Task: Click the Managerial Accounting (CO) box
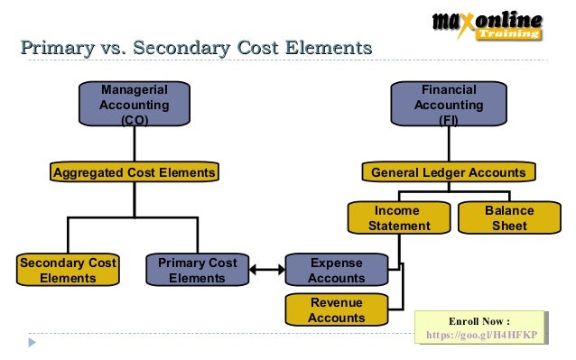pos(135,105)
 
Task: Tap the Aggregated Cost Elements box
pos(135,172)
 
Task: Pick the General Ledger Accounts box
pos(448,172)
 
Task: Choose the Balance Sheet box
pos(509,218)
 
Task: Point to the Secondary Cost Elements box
pos(68,271)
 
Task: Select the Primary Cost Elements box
pos(197,271)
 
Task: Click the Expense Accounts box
pos(337,271)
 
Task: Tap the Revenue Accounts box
pos(337,309)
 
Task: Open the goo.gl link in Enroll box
pos(481,335)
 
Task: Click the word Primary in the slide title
pos(55,46)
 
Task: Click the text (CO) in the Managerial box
pos(135,121)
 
